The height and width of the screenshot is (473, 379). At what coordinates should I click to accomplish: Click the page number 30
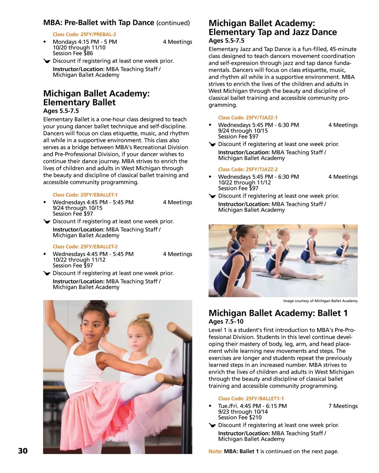pos(23,451)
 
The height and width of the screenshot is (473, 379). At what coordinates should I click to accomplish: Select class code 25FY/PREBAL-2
pos(84,34)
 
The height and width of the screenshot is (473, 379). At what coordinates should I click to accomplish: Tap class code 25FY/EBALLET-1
pos(85,195)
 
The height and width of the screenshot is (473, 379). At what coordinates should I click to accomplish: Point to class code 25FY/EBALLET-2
pos(85,247)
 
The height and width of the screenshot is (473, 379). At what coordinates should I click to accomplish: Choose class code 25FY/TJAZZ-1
pos(248,118)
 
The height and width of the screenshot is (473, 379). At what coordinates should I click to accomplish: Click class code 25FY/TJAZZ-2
pos(248,169)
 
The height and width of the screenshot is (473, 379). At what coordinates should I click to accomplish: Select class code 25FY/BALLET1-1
pos(251,399)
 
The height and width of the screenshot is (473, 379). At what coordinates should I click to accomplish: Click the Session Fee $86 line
pos(73,53)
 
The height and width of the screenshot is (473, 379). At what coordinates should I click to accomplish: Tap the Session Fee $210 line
pos(240,418)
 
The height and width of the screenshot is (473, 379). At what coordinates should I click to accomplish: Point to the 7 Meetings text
pos(343,406)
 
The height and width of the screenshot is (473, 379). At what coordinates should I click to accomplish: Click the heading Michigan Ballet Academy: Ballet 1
pos(278,313)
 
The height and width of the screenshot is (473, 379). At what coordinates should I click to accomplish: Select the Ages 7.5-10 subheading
pos(226,322)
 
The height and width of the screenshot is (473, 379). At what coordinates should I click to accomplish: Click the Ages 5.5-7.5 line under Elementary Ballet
pos(61,111)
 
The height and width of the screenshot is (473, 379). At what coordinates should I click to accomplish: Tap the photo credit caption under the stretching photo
pos(320,301)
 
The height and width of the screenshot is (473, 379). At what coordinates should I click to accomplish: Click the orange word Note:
pos(215,452)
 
